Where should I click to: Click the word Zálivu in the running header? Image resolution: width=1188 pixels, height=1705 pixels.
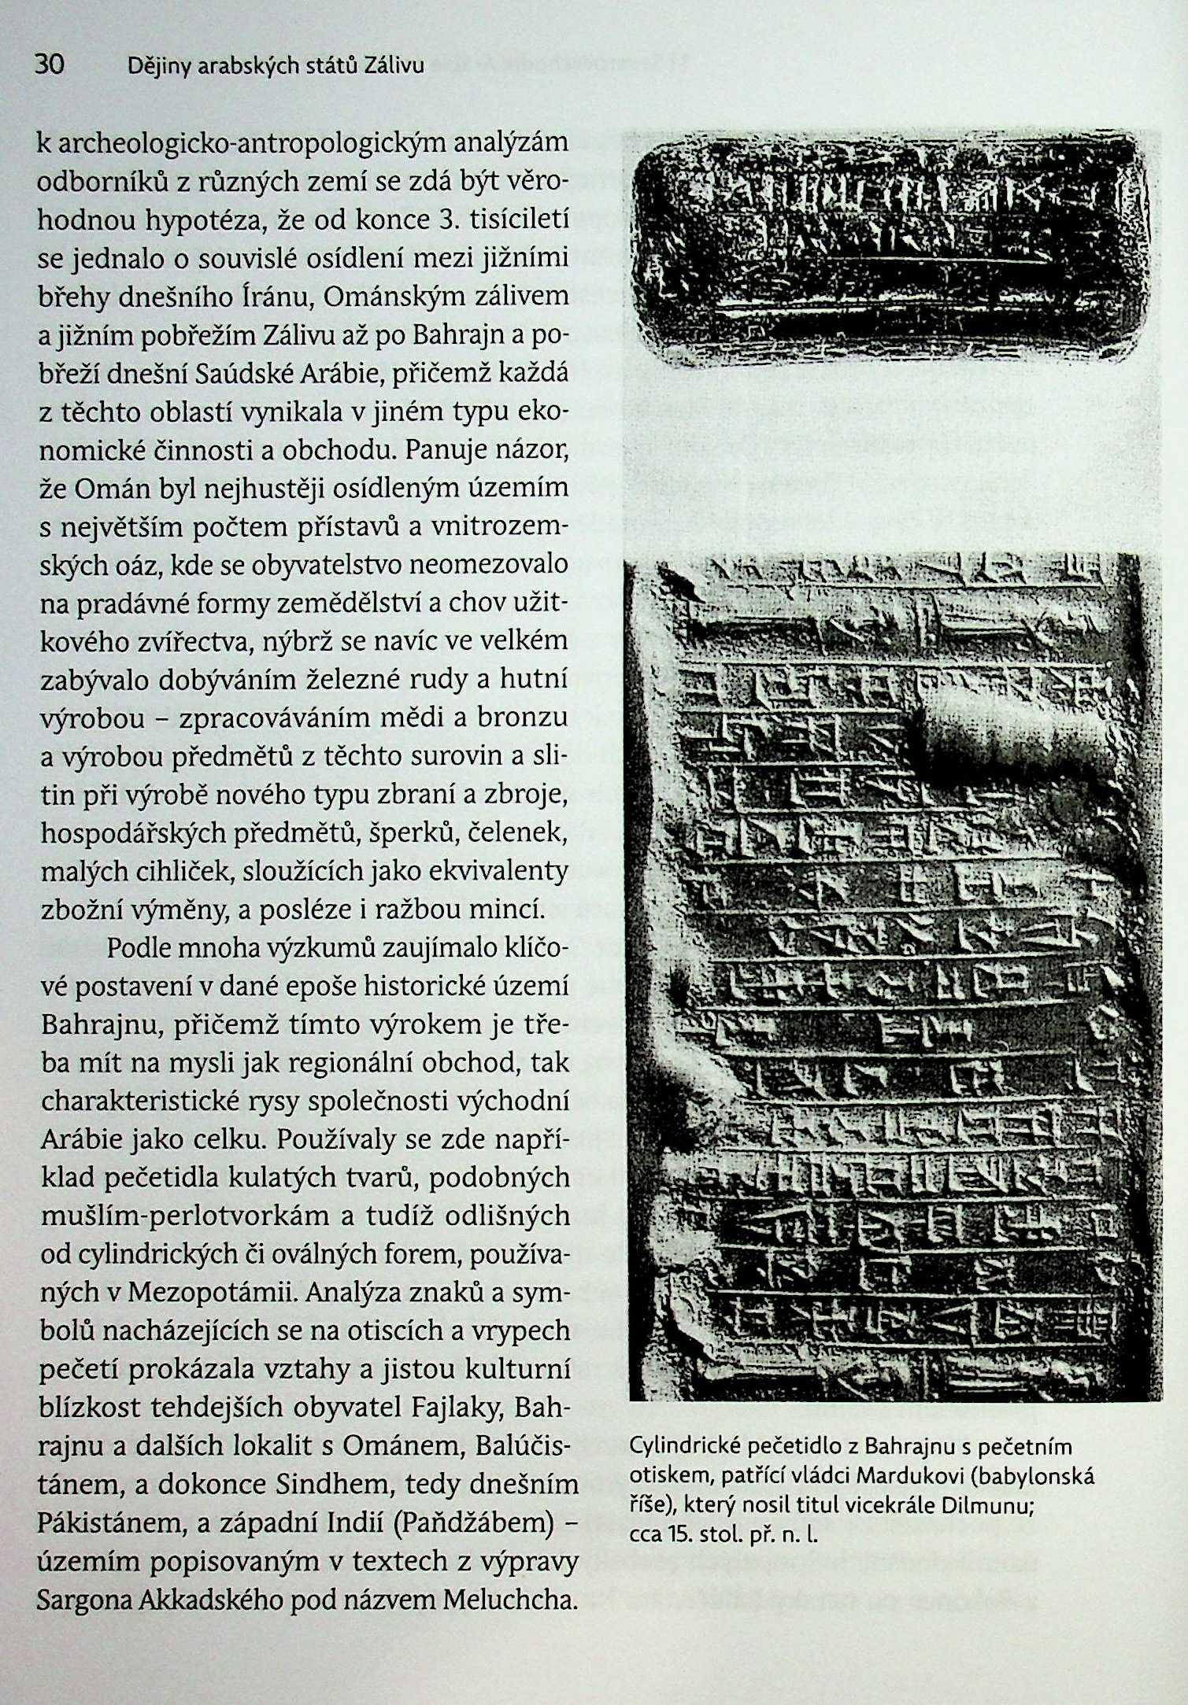click(x=393, y=68)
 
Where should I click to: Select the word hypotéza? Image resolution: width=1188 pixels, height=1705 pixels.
click(x=202, y=221)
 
